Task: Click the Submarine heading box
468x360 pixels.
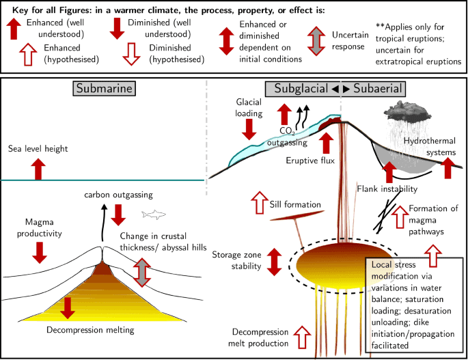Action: click(104, 88)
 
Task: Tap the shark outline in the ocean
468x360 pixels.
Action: click(154, 214)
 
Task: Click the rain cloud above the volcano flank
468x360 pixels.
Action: click(407, 111)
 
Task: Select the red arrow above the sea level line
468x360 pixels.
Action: click(38, 169)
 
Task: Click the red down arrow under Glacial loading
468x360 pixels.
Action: click(249, 129)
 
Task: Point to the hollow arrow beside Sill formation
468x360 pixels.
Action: click(260, 203)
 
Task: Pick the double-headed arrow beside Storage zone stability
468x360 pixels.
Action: click(274, 262)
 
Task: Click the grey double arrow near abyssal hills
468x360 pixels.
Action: click(142, 273)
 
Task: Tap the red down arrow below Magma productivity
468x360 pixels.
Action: click(40, 253)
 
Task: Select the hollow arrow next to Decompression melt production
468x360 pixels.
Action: click(302, 337)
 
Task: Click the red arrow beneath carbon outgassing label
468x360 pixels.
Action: click(118, 215)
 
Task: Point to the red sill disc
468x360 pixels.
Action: click(297, 215)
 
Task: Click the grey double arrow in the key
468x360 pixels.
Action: click(316, 41)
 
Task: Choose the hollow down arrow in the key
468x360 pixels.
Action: click(131, 54)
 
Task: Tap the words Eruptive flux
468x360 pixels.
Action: click(310, 161)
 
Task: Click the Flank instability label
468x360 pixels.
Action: click(387, 189)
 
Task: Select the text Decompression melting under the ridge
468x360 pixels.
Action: click(90, 330)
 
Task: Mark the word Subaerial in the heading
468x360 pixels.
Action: click(378, 88)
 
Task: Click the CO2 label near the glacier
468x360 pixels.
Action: click(288, 131)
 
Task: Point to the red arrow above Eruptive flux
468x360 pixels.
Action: click(326, 143)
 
